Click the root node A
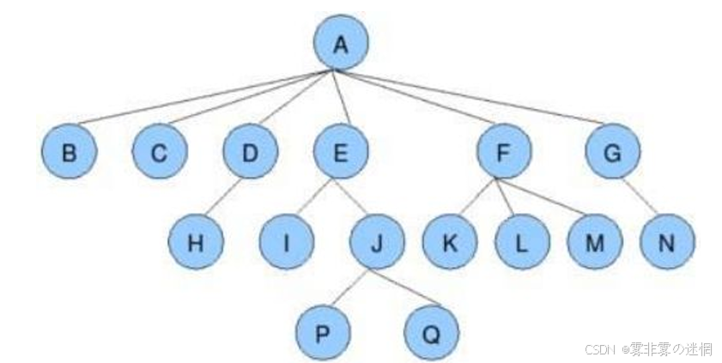pyautogui.click(x=340, y=43)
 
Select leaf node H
pyautogui.click(x=196, y=242)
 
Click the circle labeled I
pyautogui.click(x=286, y=242)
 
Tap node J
pyautogui.click(x=377, y=242)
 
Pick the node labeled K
pyautogui.click(x=449, y=242)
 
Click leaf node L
pyautogui.click(x=522, y=242)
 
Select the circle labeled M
pyautogui.click(x=594, y=242)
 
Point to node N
pyautogui.click(x=667, y=242)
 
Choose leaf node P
pyautogui.click(x=322, y=332)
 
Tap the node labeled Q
pyautogui.click(x=431, y=332)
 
